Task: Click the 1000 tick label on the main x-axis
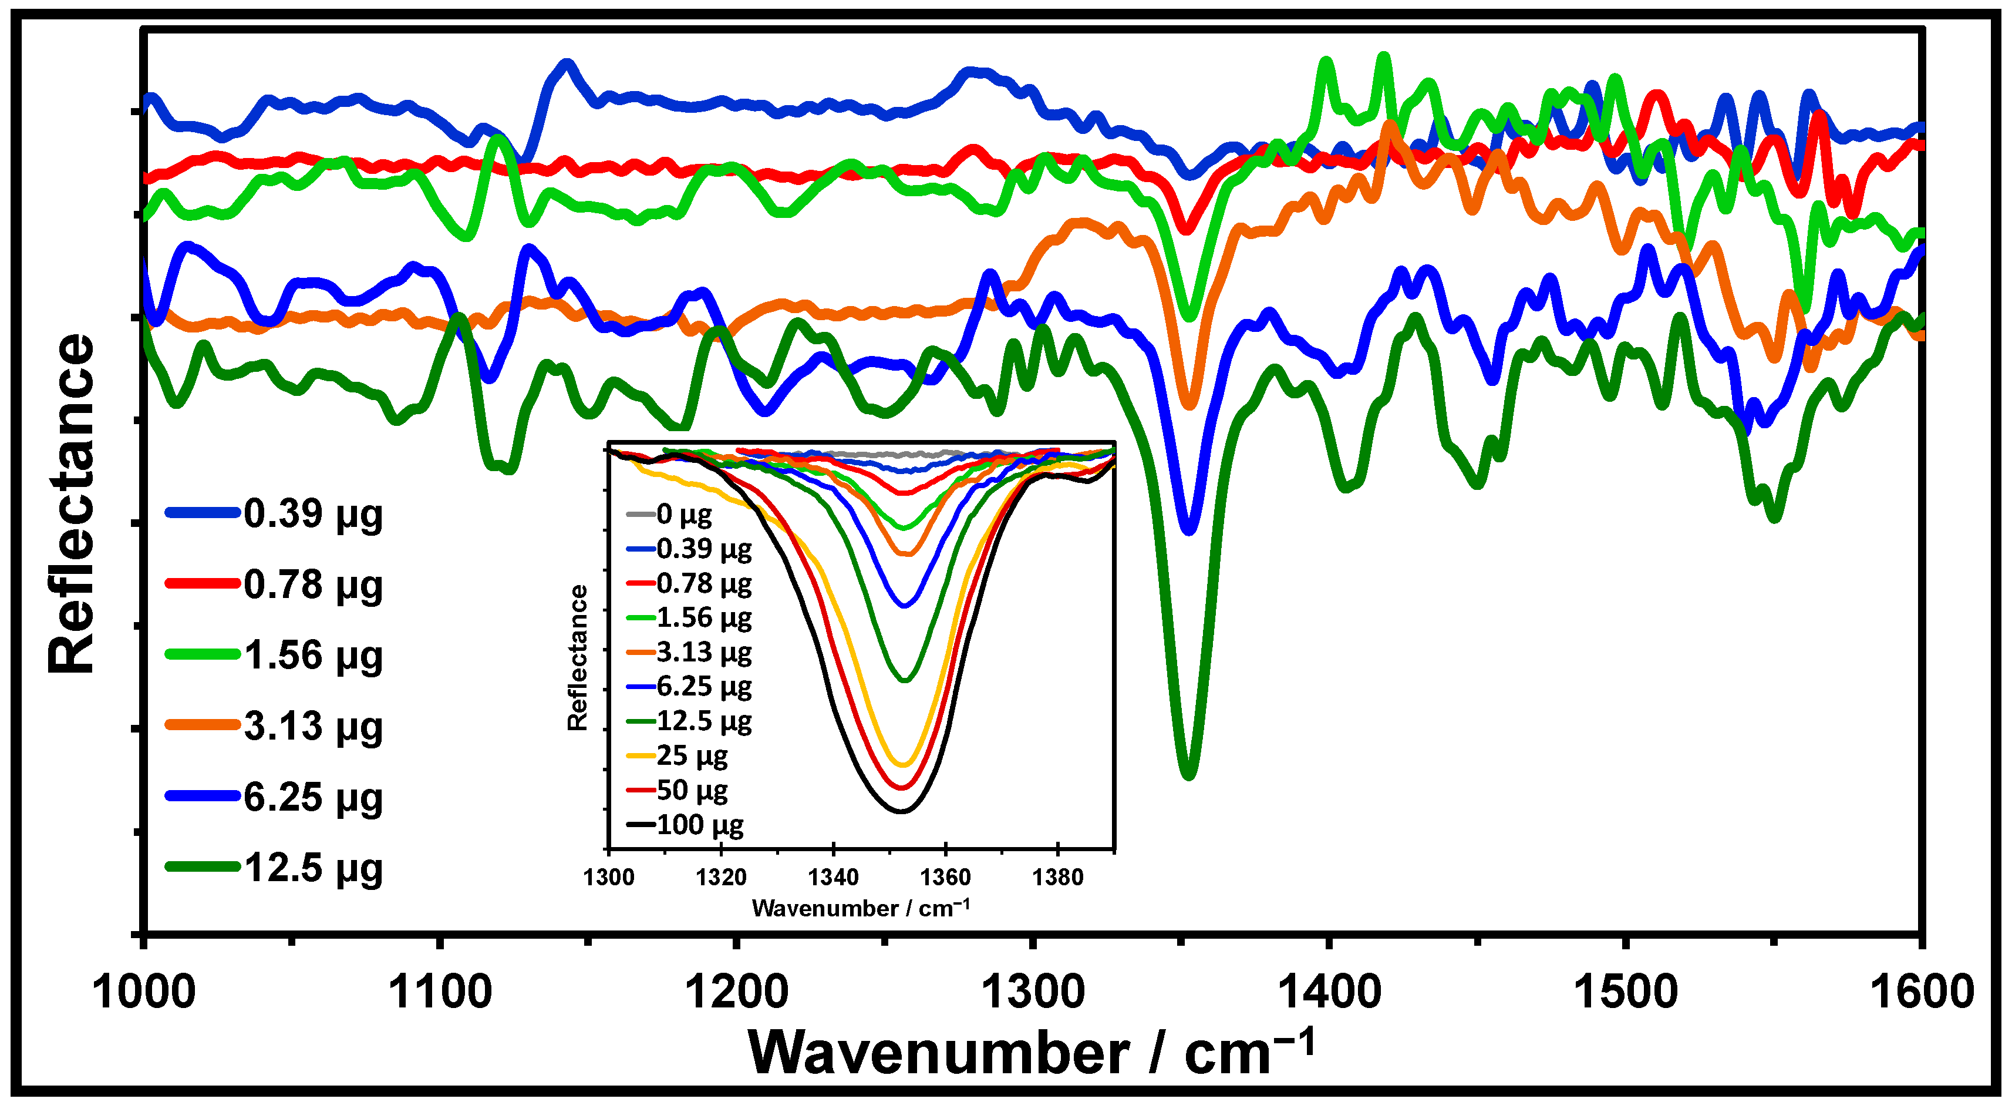tap(144, 992)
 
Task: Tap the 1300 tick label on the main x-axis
tap(1033, 992)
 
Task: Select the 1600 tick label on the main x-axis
tap(1922, 992)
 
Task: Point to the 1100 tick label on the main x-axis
tap(440, 992)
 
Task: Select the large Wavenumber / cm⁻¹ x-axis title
tap(1031, 1053)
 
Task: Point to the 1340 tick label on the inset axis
tap(833, 878)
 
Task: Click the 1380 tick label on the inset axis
tap(1057, 878)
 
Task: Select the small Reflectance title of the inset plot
tap(577, 657)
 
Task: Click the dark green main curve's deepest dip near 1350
tap(1188, 774)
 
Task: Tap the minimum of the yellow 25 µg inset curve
tap(904, 764)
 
